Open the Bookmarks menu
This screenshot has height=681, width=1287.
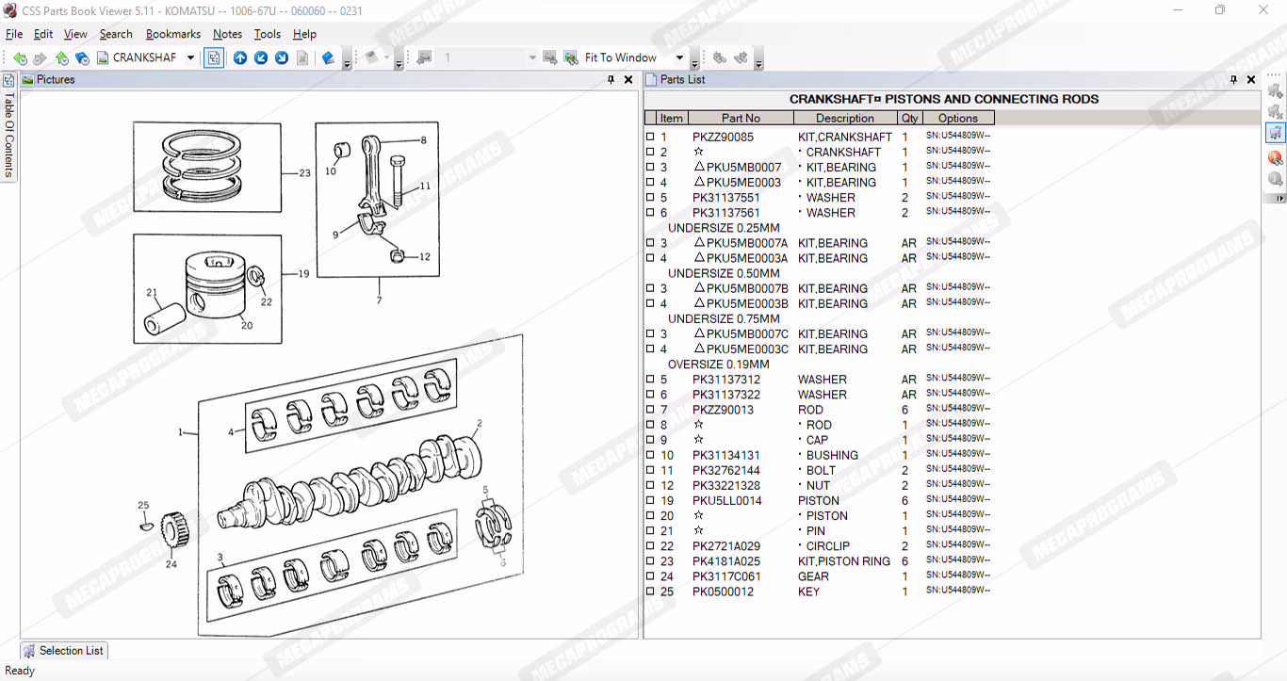coord(173,35)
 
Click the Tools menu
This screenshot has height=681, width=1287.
coord(268,35)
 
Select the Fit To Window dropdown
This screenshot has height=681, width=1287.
coord(633,57)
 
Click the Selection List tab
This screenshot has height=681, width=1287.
coord(64,651)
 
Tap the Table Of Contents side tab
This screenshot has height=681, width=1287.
coord(8,128)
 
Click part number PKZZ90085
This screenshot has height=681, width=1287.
coord(723,138)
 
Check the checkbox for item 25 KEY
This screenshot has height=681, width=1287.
coord(650,591)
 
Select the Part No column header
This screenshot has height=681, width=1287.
coord(741,119)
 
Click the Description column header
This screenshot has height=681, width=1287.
coord(844,119)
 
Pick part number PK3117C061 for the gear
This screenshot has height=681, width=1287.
coord(725,576)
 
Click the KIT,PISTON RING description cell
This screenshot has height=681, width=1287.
coord(843,561)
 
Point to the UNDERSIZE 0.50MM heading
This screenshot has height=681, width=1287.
coord(724,273)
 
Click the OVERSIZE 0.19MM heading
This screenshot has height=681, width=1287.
coord(718,365)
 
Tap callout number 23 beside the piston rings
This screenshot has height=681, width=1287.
coord(304,172)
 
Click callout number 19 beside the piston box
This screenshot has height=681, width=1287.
coord(303,274)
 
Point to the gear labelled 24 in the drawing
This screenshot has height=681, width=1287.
coord(174,528)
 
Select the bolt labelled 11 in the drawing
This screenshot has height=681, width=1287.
coord(397,180)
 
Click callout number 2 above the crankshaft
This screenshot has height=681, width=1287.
coord(480,423)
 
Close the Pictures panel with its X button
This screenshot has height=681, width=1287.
coord(628,80)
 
